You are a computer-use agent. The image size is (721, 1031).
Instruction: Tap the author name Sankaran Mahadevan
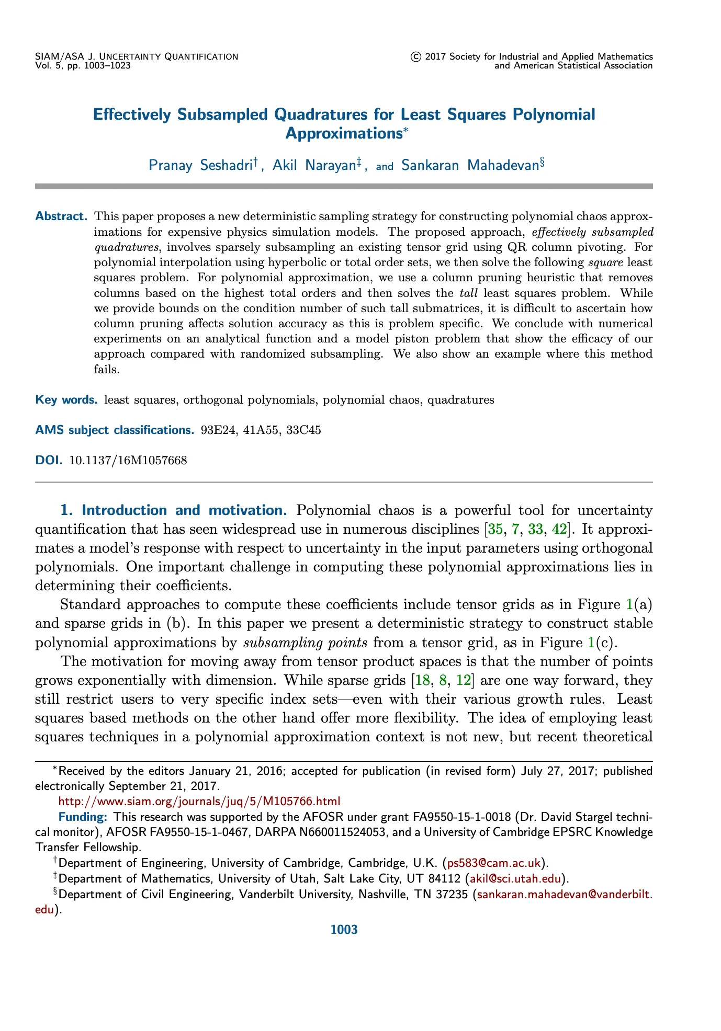point(470,166)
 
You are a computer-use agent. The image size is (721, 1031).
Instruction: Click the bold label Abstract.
point(61,216)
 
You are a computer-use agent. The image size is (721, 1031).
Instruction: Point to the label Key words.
point(66,400)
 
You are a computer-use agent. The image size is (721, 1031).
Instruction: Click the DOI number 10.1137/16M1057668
point(128,461)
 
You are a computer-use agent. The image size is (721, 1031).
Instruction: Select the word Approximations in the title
point(343,133)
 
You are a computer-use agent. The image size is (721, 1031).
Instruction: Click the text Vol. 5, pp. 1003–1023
point(83,65)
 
